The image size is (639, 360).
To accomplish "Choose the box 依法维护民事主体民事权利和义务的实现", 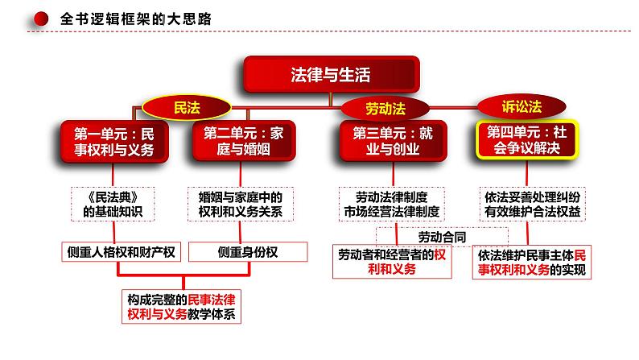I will pos(532,262).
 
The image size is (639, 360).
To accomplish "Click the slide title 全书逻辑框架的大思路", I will pos(125,18).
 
